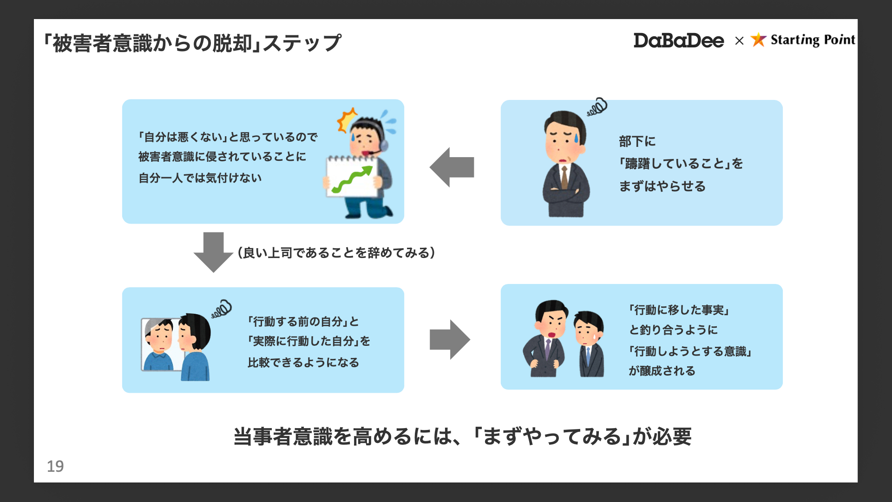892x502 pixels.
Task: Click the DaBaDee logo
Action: point(678,41)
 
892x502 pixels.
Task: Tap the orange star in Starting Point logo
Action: point(758,40)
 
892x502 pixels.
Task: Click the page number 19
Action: point(55,466)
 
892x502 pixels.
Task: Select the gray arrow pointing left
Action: point(452,167)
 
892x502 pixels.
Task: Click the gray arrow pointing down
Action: point(213,252)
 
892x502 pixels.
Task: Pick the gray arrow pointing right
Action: point(450,340)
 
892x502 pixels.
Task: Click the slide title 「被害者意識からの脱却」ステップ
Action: point(192,43)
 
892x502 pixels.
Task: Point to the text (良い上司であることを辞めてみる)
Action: point(336,253)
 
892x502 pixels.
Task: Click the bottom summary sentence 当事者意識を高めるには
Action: point(462,436)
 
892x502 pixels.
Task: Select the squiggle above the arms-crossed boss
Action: point(597,107)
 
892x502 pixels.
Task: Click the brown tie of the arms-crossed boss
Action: point(564,177)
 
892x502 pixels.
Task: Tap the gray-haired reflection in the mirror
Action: point(159,344)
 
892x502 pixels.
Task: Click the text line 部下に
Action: point(637,141)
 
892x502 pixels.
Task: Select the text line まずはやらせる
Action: point(662,186)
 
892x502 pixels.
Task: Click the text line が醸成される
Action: point(662,371)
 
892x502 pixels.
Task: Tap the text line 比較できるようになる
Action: point(303,363)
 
